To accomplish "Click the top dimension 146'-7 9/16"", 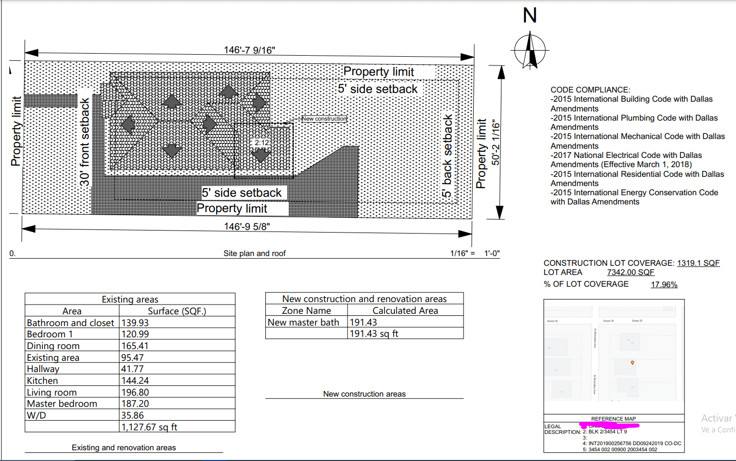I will [x=249, y=50].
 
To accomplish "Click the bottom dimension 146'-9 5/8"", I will [x=247, y=226].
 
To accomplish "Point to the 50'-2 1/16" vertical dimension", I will [x=496, y=143].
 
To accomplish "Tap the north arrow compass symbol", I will [x=530, y=50].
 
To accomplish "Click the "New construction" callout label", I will [x=324, y=119].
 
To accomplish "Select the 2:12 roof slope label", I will [x=262, y=143].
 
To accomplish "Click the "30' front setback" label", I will [x=85, y=142].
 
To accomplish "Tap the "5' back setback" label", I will [x=448, y=156].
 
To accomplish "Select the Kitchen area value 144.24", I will [x=135, y=381].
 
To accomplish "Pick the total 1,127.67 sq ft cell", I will [x=149, y=427].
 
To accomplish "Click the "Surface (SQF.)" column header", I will [x=177, y=311].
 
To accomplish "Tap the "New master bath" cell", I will [x=304, y=322].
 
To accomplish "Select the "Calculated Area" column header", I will [x=405, y=311].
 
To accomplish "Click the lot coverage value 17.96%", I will [x=664, y=285].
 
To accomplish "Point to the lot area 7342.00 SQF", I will [x=631, y=272].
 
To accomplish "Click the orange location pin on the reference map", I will [x=632, y=363].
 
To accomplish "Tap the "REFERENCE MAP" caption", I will [x=613, y=419].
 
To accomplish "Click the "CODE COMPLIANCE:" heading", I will [x=590, y=90].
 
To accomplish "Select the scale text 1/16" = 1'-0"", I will [x=475, y=253].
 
